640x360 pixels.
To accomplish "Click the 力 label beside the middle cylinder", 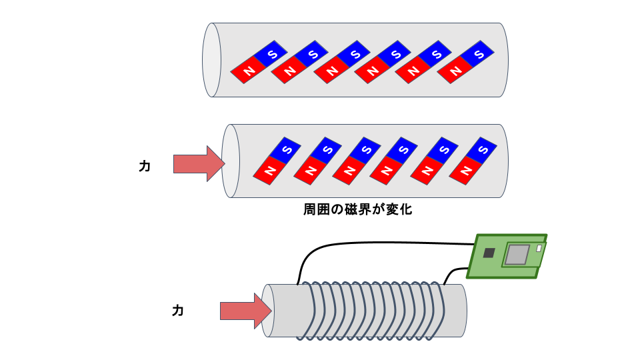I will coord(145,167).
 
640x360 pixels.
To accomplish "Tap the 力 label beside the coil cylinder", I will coord(178,311).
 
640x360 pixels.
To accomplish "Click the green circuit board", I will coord(507,255).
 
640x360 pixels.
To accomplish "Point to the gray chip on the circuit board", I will coord(517,254).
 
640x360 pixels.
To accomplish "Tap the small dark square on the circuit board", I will coord(489,253).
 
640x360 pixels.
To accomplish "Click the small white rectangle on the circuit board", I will coord(539,248).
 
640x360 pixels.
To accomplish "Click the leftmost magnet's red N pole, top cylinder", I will coord(248,70).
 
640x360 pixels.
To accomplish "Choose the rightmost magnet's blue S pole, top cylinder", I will coord(477,54).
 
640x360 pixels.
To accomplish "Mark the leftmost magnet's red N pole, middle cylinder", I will coord(269,172).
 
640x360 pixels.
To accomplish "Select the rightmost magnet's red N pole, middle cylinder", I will coord(464,172).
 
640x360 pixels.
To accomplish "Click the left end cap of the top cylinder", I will coord(211,60).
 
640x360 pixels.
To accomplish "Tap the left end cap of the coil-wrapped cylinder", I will coord(268,311).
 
